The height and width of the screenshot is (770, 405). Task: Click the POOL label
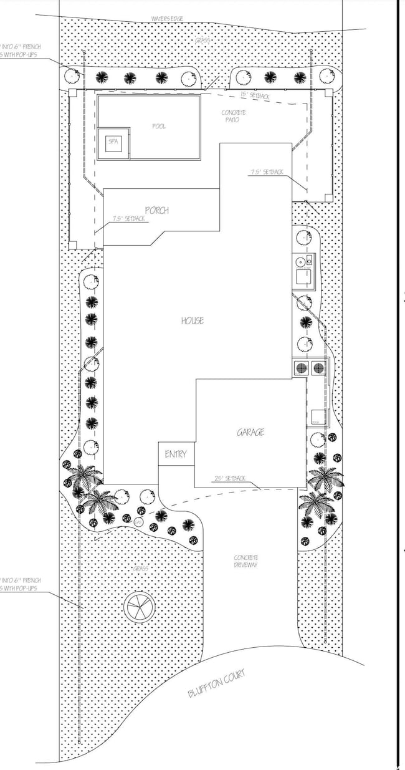point(160,126)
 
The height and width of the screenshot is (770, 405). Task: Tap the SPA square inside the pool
point(113,142)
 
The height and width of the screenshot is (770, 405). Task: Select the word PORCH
point(156,211)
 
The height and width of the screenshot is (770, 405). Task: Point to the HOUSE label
point(193,321)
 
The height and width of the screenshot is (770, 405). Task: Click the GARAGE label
point(250,431)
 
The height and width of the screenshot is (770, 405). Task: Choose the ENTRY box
point(175,455)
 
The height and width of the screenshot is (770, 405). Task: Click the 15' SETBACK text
point(255,96)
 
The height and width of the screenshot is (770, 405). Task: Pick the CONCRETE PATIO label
point(234,116)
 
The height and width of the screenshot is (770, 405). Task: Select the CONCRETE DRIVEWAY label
point(246,561)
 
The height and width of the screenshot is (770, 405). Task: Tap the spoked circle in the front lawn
point(139,605)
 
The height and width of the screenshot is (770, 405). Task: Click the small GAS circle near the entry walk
point(138,521)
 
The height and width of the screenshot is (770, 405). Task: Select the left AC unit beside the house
point(301,367)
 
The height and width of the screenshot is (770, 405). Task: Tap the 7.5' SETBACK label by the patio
point(267,171)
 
